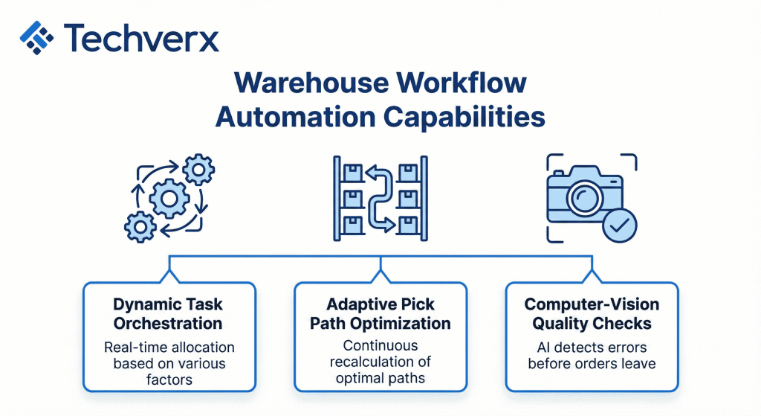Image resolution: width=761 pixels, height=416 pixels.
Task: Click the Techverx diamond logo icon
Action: (x=38, y=37)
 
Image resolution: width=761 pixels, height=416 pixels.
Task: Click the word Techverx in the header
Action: (x=141, y=36)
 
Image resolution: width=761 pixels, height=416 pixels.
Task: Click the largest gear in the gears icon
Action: (x=168, y=198)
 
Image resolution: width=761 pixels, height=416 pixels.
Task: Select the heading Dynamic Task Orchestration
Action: (x=168, y=314)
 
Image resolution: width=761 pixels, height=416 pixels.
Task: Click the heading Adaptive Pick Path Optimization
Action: (x=380, y=314)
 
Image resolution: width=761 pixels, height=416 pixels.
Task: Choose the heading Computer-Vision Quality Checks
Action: (x=592, y=314)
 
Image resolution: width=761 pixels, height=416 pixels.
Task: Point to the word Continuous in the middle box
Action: (x=380, y=345)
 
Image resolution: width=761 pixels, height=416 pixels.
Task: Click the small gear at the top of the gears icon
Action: (x=198, y=171)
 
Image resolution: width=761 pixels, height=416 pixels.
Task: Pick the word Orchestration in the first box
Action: (x=168, y=324)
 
